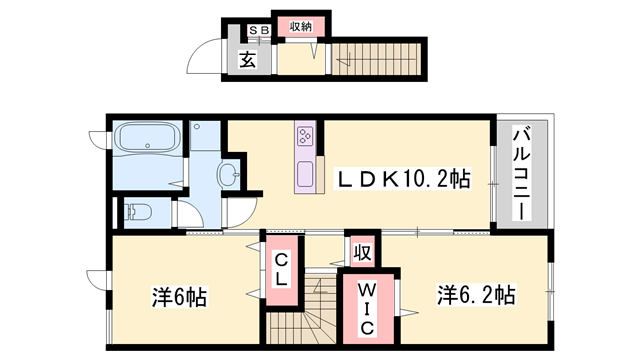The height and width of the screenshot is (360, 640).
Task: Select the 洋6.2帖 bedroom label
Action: point(475,296)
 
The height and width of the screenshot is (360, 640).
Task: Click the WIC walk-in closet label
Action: point(366,309)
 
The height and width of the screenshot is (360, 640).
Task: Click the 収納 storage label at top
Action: point(301,27)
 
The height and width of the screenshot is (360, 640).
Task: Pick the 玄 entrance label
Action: point(247,59)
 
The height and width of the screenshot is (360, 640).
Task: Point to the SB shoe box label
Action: point(259,30)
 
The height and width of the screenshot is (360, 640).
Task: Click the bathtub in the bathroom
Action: point(146,140)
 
